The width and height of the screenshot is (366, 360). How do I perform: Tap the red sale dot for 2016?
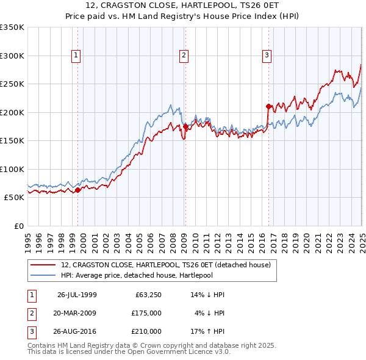click(x=269, y=106)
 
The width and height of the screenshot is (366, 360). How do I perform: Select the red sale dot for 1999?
click(x=78, y=190)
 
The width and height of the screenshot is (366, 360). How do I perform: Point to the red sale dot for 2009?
click(x=185, y=127)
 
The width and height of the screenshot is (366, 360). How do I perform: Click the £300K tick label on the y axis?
click(x=12, y=56)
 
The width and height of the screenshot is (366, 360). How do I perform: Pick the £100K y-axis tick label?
click(x=12, y=169)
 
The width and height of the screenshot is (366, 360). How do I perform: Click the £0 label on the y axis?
click(x=18, y=226)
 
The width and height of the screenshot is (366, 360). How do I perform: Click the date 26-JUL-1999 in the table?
click(x=77, y=295)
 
